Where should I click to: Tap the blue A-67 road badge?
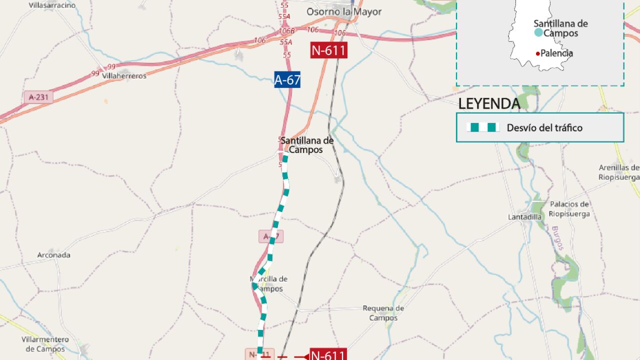point(287,79)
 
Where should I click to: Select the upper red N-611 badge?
point(328,50)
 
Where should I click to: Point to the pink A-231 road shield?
point(38,97)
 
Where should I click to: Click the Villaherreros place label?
point(124,76)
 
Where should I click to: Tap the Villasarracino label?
point(52,5)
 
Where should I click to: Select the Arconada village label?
point(54,255)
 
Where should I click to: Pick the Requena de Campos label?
point(383,313)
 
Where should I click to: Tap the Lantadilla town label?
point(525,217)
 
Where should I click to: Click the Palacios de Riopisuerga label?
point(569,209)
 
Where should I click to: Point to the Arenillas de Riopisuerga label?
point(619,172)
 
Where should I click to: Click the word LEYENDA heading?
point(489,104)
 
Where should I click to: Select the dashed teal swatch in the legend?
point(483,127)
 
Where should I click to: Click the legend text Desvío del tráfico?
point(544,127)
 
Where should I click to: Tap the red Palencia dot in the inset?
point(537,53)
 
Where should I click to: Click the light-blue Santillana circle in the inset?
point(538,33)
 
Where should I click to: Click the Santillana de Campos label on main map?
point(307,145)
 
